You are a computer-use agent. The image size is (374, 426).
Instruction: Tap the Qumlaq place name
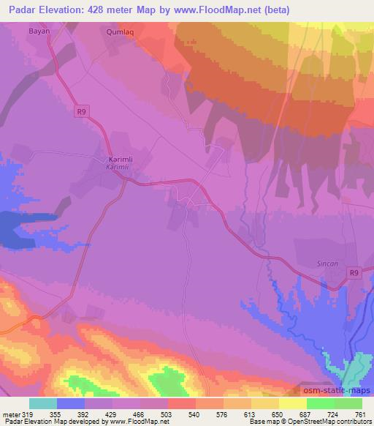tap(121, 33)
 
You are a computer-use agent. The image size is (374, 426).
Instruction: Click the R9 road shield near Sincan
tap(354, 273)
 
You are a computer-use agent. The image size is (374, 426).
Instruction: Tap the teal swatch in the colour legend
tap(43, 403)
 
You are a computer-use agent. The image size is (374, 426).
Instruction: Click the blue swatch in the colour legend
tap(71, 403)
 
